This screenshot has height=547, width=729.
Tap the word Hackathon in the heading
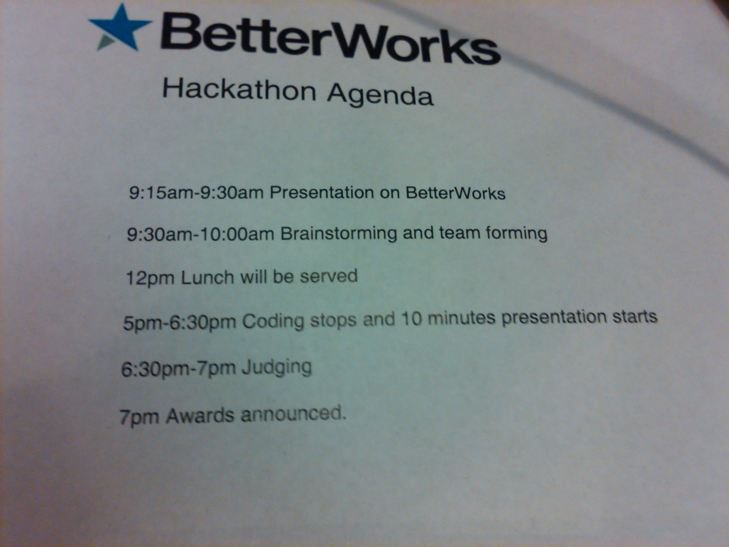[x=239, y=89]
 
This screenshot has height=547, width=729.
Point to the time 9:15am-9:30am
[x=196, y=193]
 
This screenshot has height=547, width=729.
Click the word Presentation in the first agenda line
[x=322, y=193]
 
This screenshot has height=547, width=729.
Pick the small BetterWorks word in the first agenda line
[x=455, y=193]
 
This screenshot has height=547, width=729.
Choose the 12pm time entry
[x=150, y=278]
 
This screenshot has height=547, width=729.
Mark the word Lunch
[x=207, y=277]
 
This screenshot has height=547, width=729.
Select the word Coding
[x=273, y=321]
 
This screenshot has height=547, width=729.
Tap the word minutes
[x=461, y=318]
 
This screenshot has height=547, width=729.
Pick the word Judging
[x=277, y=368]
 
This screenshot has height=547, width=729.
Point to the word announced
[x=293, y=414]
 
